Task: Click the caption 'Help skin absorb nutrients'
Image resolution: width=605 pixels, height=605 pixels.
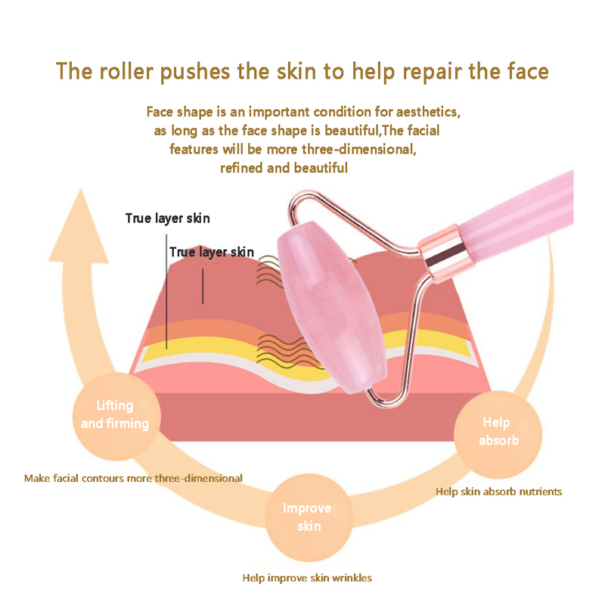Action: pyautogui.click(x=498, y=492)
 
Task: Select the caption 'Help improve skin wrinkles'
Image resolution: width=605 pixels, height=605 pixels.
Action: pyautogui.click(x=307, y=578)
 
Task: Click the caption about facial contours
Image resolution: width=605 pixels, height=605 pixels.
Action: pyautogui.click(x=133, y=478)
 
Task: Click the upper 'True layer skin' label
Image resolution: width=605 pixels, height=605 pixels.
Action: pyautogui.click(x=167, y=219)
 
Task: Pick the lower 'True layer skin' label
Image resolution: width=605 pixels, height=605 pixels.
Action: pyautogui.click(x=212, y=252)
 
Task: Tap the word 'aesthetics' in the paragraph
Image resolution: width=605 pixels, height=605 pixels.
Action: pyautogui.click(x=427, y=112)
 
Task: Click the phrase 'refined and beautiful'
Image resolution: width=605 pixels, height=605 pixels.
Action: pyautogui.click(x=284, y=168)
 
